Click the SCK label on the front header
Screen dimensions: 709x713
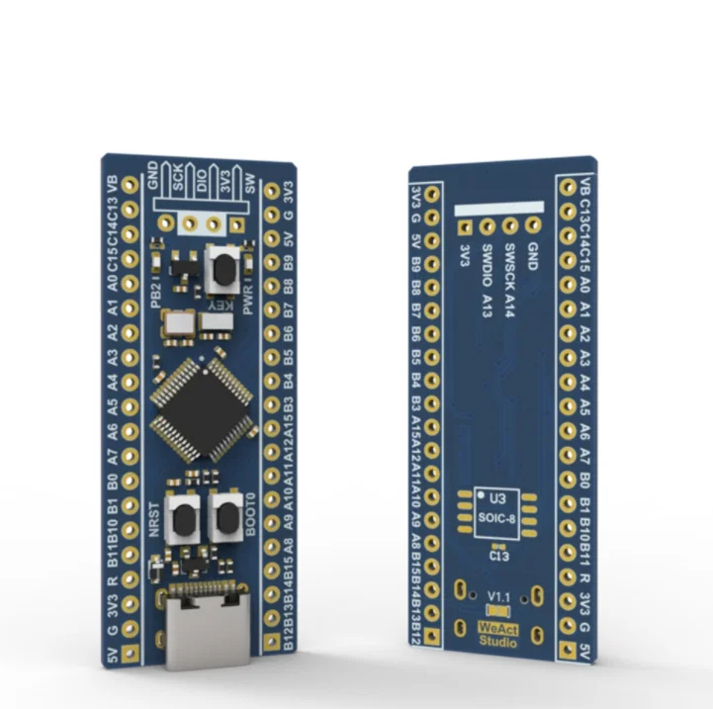point(179,178)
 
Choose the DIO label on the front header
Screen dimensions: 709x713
point(203,179)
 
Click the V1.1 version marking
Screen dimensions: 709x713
point(498,596)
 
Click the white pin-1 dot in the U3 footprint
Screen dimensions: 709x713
point(481,494)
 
